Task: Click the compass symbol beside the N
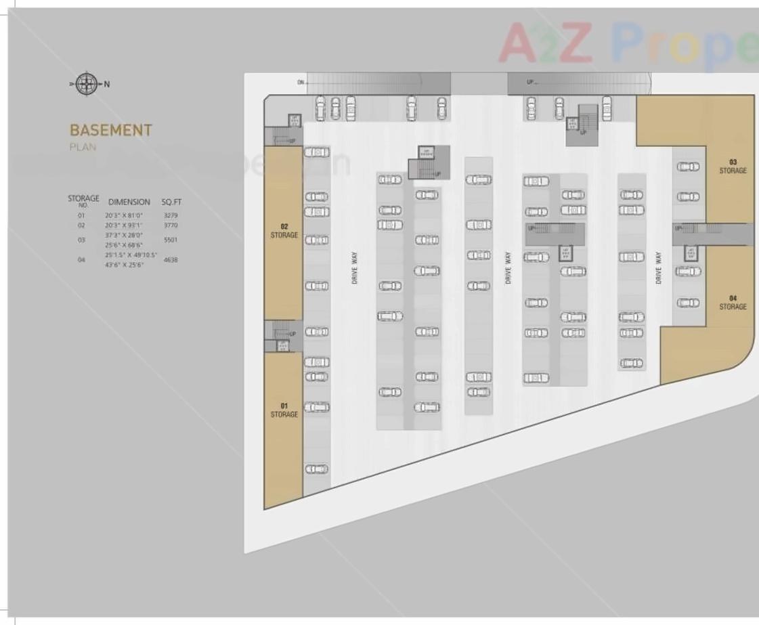(x=86, y=84)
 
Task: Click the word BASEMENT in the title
(x=111, y=130)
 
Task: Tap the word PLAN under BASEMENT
(x=83, y=147)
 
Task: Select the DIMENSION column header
(x=129, y=202)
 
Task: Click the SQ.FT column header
(x=171, y=202)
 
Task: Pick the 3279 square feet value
(x=171, y=215)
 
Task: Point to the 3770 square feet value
(x=171, y=225)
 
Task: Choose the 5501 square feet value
(x=171, y=240)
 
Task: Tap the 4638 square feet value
(x=171, y=259)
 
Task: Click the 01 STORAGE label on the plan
(x=284, y=410)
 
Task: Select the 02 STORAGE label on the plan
(x=284, y=231)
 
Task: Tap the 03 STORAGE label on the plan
(x=733, y=167)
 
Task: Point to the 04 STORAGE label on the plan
(x=733, y=303)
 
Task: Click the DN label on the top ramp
(x=300, y=83)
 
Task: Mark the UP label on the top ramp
(x=530, y=83)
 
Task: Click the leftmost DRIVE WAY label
(x=355, y=267)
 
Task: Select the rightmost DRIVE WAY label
(x=658, y=267)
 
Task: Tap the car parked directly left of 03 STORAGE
(x=688, y=167)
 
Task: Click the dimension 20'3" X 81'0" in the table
(x=123, y=215)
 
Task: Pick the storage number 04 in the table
(x=81, y=259)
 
